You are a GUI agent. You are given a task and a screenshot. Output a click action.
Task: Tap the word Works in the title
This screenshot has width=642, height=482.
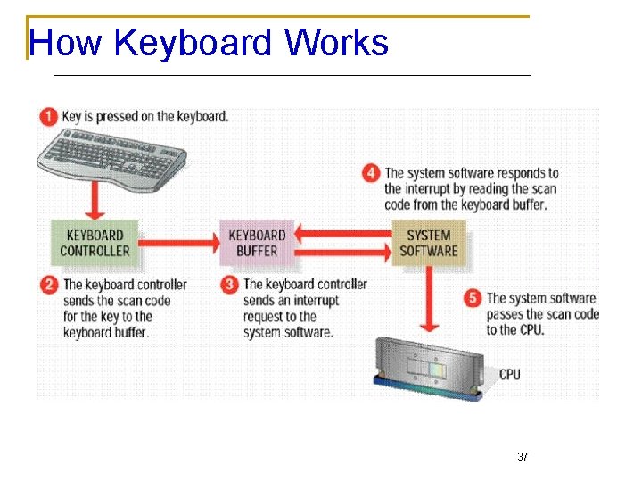coord(337,43)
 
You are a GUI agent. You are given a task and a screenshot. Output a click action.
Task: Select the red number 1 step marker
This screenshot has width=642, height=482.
coord(48,116)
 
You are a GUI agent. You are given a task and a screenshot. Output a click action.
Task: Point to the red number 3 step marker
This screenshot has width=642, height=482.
coord(230,285)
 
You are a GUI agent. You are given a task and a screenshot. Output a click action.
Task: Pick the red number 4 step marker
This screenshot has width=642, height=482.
coord(371,172)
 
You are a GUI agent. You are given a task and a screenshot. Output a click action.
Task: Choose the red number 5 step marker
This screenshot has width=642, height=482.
coord(473,298)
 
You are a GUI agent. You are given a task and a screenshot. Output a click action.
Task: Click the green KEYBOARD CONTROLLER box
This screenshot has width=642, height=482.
coord(95,243)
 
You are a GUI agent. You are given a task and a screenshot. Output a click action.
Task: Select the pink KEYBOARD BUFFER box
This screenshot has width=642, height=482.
coord(257,243)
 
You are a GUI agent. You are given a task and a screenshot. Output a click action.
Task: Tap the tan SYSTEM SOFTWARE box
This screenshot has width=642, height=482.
coord(428,243)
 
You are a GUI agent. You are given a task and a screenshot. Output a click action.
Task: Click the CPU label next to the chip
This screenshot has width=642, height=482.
coord(509,374)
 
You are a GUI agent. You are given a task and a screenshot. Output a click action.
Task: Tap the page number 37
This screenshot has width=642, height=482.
coord(523,457)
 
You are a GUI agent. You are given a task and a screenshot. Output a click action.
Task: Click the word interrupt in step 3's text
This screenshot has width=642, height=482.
coord(317,301)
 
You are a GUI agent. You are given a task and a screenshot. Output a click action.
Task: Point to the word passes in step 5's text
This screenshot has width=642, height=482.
coord(505,314)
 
